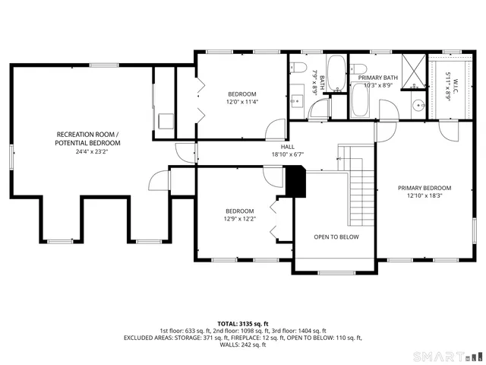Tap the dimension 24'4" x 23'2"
(87, 151)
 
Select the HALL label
(288, 147)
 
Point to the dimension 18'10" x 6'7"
(288, 154)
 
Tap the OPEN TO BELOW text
(336, 236)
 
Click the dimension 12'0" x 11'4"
(241, 101)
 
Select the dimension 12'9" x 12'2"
(239, 219)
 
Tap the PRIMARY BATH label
(378, 78)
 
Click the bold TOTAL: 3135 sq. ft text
(243, 323)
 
